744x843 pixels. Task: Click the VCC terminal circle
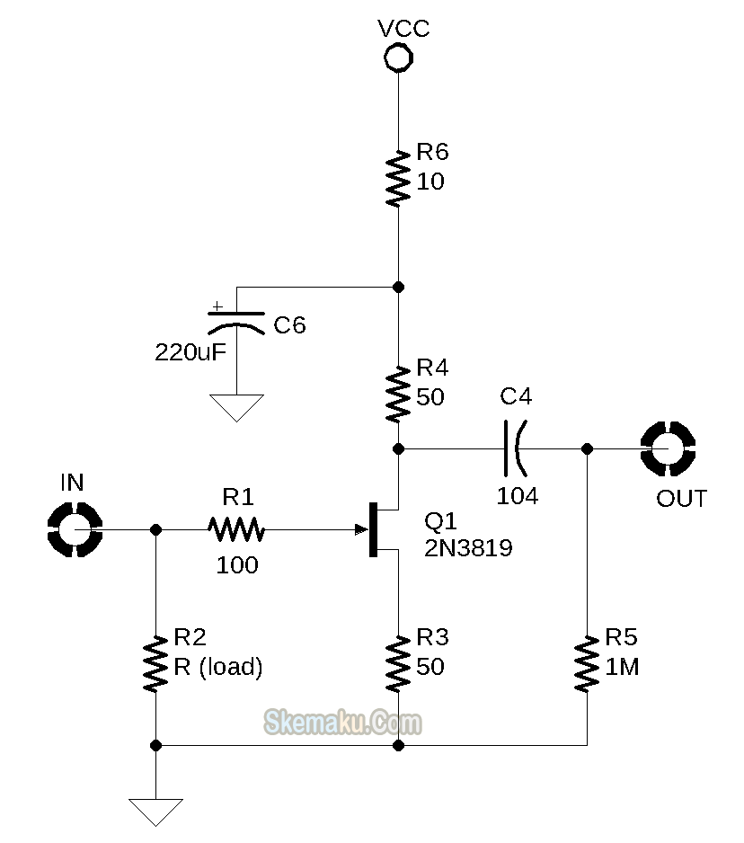click(x=397, y=58)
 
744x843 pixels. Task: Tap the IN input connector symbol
click(x=74, y=529)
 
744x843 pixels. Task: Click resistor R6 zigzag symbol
click(x=397, y=178)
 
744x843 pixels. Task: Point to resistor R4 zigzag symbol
click(x=397, y=394)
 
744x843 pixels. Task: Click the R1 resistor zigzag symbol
click(x=236, y=529)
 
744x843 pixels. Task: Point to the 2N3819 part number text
click(x=468, y=548)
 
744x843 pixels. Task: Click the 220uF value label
click(x=190, y=352)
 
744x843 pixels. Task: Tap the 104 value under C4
click(x=518, y=495)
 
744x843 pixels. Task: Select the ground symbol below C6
click(x=236, y=408)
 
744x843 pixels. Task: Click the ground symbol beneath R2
click(x=155, y=811)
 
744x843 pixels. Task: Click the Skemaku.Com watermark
click(x=341, y=722)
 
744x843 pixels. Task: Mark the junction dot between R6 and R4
click(x=397, y=288)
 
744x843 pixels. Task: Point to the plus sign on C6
click(x=217, y=306)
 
